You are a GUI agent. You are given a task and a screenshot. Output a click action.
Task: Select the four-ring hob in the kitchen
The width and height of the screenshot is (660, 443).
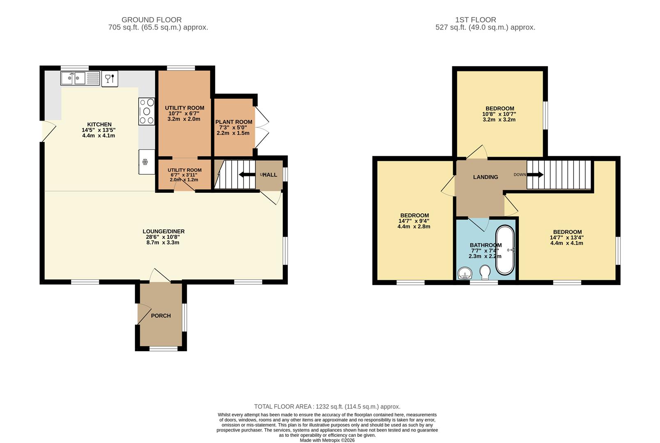(147, 111)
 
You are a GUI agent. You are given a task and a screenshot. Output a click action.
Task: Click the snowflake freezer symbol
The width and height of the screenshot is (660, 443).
(145, 162)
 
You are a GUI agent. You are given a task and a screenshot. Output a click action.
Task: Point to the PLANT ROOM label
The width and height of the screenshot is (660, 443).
(234, 122)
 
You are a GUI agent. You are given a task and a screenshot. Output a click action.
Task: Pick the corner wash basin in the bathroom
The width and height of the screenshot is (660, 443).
(464, 273)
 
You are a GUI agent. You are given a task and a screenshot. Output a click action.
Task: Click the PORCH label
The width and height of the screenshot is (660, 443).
(161, 316)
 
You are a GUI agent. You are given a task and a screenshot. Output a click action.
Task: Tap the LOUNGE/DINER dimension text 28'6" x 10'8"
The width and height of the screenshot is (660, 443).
(163, 237)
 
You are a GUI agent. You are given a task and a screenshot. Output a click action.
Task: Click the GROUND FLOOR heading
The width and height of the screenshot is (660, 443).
(151, 20)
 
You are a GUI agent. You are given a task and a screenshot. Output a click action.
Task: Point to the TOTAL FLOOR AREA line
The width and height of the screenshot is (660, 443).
(327, 406)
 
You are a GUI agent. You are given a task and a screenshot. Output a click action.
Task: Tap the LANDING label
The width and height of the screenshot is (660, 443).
(486, 177)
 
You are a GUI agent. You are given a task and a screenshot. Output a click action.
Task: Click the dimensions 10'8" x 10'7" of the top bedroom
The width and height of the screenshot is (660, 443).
(499, 114)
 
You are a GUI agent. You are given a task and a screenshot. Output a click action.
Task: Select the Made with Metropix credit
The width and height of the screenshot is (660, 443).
(327, 440)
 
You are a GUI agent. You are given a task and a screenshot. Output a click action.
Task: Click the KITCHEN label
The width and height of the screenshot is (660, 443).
(99, 124)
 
